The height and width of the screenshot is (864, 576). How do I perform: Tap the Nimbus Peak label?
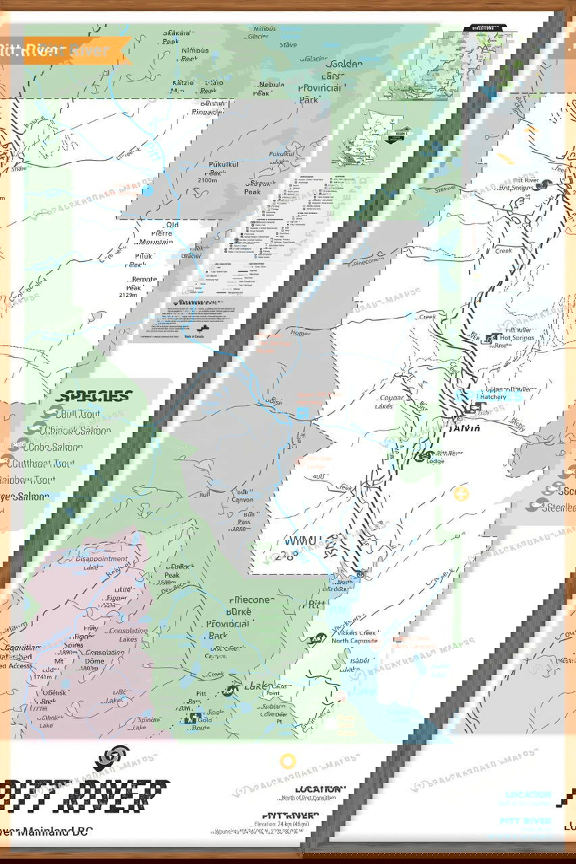pos(195,55)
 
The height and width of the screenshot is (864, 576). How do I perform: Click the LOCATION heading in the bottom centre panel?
pos(319,788)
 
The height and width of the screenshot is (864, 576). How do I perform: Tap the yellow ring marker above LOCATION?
pos(288,761)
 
